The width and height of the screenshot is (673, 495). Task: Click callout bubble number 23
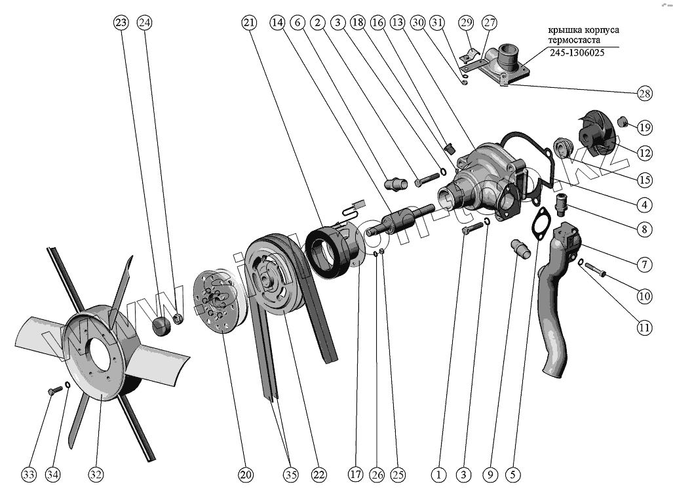pos(121,23)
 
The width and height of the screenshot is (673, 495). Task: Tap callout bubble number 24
pos(145,23)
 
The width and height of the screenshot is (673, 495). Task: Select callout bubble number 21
pos(249,23)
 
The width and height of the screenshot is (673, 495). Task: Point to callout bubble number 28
pos(644,93)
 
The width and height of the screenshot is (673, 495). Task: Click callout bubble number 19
pos(644,127)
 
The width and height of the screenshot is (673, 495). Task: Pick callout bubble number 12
pos(644,153)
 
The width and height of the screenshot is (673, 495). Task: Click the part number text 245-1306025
pos(577,54)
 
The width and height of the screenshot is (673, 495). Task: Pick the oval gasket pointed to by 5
pos(543,222)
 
